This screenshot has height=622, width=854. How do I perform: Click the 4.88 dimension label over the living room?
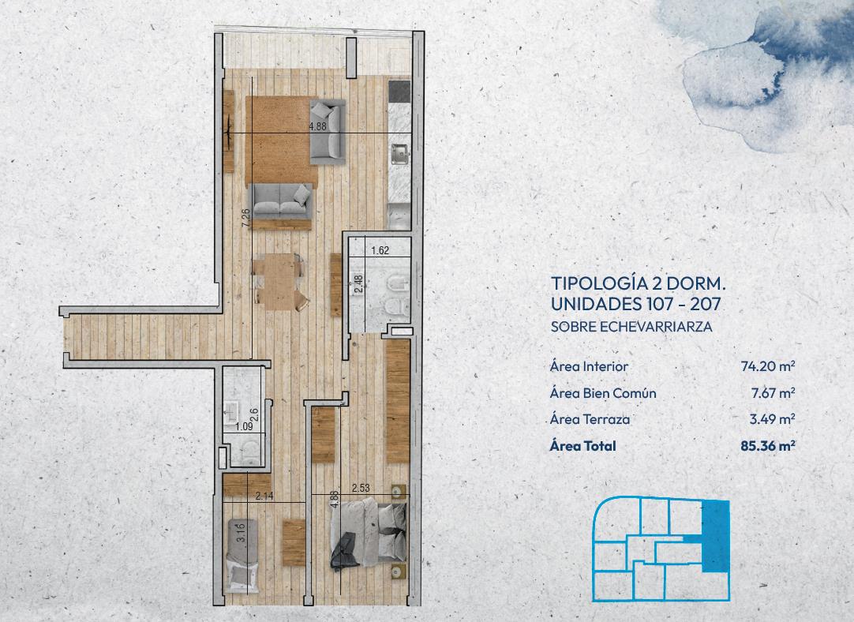tap(317, 126)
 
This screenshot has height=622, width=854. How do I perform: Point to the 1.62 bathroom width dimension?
tap(380, 251)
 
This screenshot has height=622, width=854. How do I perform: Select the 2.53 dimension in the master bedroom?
tap(361, 488)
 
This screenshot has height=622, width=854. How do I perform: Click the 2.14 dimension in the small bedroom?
tap(264, 496)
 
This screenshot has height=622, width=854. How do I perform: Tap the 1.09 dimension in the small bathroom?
tap(243, 427)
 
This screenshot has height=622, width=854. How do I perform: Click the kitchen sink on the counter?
tap(399, 154)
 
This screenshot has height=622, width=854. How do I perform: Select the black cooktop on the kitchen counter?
tap(399, 92)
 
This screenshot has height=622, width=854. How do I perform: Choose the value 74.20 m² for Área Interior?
tap(767, 366)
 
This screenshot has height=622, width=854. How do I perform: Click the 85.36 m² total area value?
tap(767, 446)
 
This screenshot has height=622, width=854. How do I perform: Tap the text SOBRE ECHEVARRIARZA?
tap(631, 327)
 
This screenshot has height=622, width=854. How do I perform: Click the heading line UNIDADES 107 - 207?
tap(635, 303)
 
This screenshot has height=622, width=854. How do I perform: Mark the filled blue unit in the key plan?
tap(715, 537)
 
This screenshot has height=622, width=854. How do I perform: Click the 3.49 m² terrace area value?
tap(772, 419)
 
